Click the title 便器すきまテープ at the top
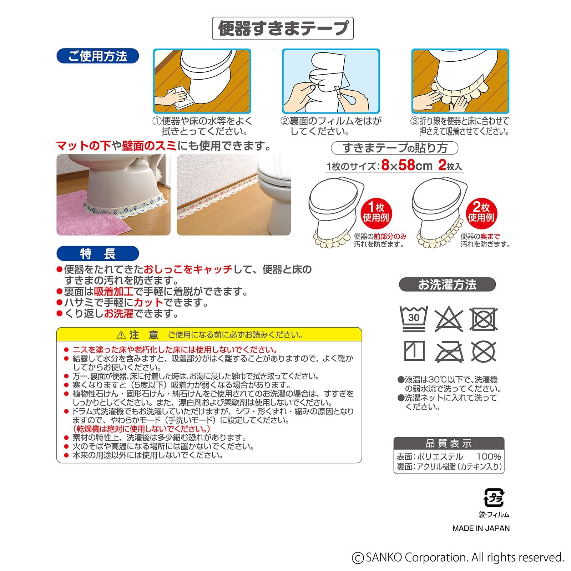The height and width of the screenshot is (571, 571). tap(283, 28)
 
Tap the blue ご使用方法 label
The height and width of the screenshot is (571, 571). tap(97, 56)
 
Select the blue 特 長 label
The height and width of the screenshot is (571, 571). tap(97, 254)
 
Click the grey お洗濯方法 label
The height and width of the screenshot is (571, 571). tap(447, 284)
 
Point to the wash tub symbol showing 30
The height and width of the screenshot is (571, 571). tap(414, 318)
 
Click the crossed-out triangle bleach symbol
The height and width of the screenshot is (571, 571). tap(449, 319)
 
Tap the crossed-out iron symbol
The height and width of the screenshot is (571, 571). tap(449, 352)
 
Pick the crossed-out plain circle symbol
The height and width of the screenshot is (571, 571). tap(484, 352)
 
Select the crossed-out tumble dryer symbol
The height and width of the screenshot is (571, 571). tap(484, 319)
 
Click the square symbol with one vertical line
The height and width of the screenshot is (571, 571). tap(414, 351)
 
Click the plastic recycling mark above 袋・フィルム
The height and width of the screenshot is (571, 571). tap(494, 497)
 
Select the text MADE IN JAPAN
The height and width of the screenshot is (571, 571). tap(481, 528)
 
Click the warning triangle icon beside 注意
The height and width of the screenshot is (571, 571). tap(121, 335)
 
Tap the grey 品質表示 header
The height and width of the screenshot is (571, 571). tap(449, 444)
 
